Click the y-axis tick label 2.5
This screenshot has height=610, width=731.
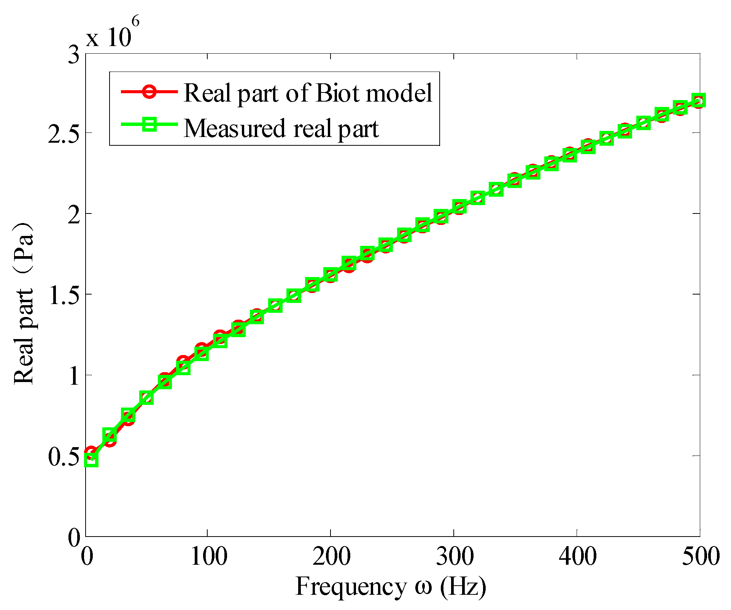(x=63, y=133)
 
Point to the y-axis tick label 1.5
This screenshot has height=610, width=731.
(x=63, y=295)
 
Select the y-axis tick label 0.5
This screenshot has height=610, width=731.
(x=63, y=456)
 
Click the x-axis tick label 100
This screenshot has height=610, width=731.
(x=208, y=556)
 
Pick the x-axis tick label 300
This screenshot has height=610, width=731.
(x=454, y=556)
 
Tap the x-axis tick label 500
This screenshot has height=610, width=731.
(x=700, y=556)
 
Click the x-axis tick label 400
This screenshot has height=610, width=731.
(x=577, y=556)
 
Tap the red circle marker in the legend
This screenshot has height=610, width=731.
(x=149, y=92)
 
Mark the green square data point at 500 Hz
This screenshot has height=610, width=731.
(x=699, y=100)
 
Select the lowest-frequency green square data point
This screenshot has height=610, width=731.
(x=92, y=459)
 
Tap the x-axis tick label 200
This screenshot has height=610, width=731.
(x=331, y=556)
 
